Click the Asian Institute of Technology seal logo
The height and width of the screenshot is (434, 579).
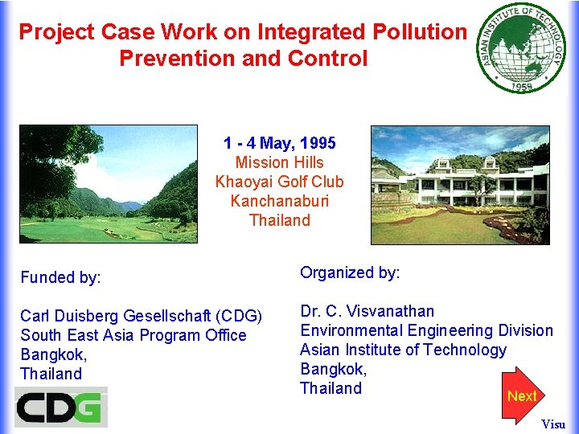click(521, 47)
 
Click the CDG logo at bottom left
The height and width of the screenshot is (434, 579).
click(61, 407)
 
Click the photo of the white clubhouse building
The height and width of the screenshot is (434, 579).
click(460, 185)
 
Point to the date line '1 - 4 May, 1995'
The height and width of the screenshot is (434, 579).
click(280, 144)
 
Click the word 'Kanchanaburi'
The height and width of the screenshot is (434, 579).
click(280, 201)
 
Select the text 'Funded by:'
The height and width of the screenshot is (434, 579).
click(61, 278)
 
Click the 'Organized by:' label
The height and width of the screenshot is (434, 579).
click(350, 273)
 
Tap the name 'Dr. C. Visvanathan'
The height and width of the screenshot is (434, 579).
click(367, 311)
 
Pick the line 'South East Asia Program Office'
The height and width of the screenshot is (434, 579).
click(133, 335)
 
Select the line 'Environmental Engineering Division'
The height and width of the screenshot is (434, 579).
click(426, 330)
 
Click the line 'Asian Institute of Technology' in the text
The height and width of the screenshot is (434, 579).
click(403, 350)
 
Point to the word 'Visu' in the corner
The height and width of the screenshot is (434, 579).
click(553, 424)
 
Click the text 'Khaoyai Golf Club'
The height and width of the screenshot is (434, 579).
click(280, 182)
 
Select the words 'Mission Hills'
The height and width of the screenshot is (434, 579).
click(280, 162)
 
